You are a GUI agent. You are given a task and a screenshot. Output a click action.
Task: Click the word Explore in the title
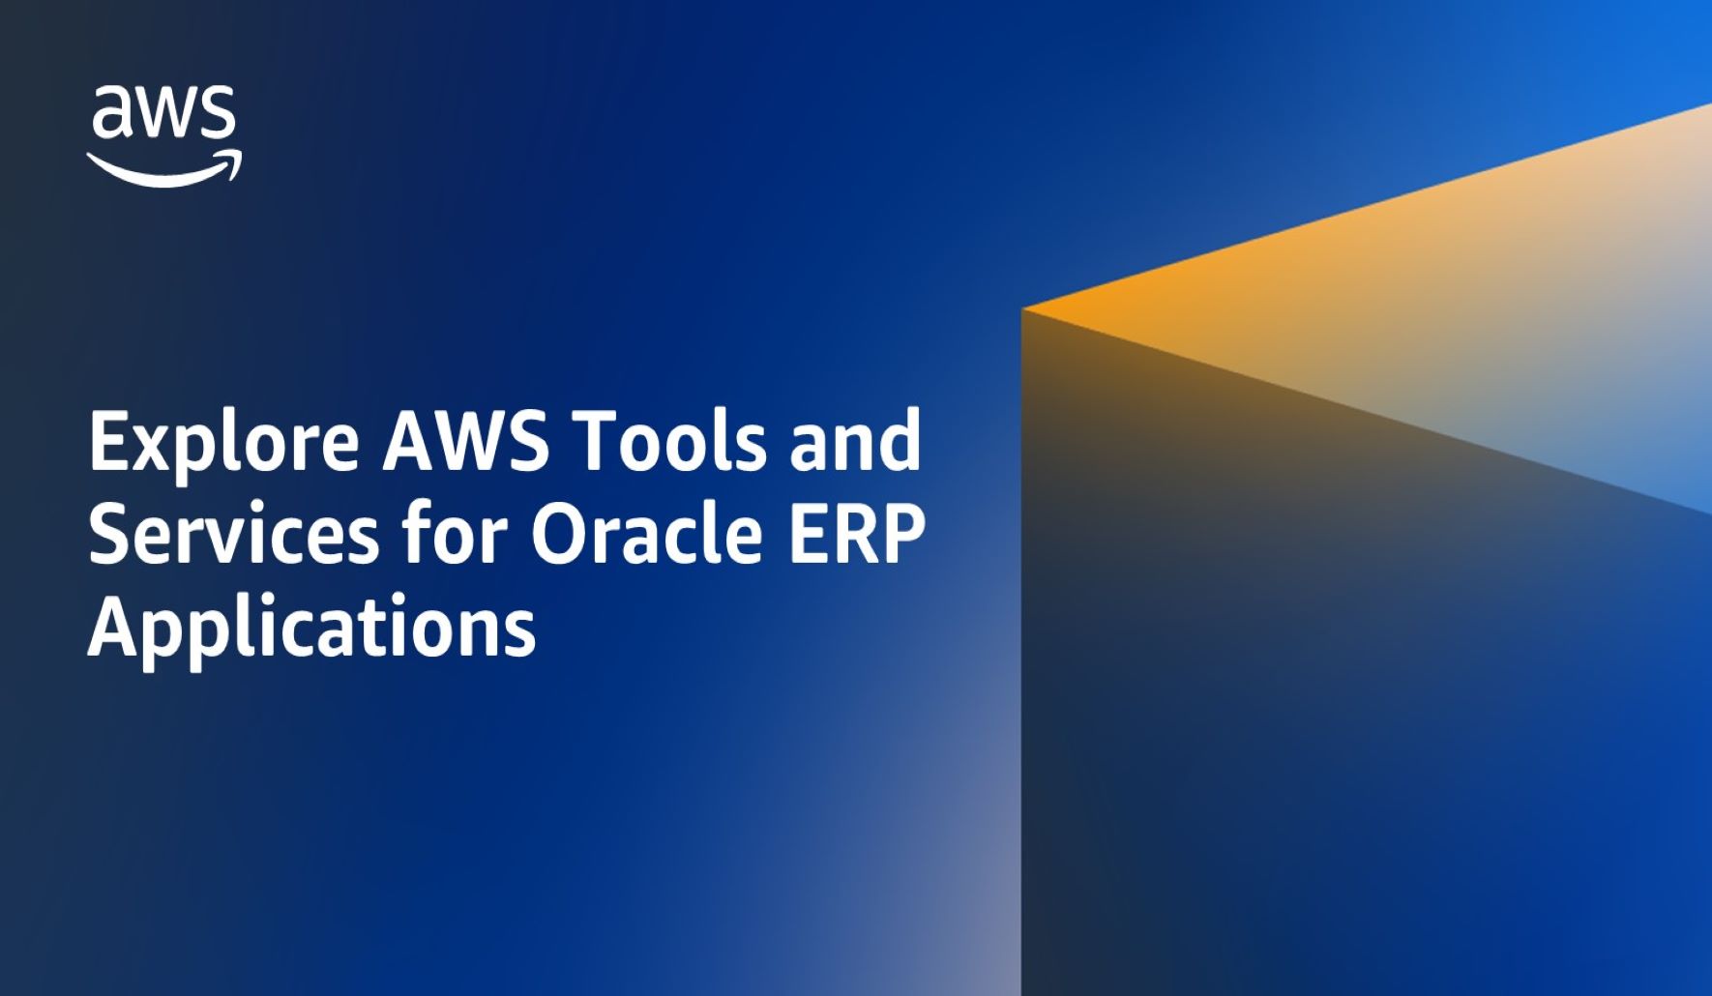pos(223,443)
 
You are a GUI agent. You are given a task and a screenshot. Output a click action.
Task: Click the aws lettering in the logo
pos(164,113)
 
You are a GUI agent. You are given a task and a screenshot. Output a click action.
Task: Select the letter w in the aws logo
pos(167,114)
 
